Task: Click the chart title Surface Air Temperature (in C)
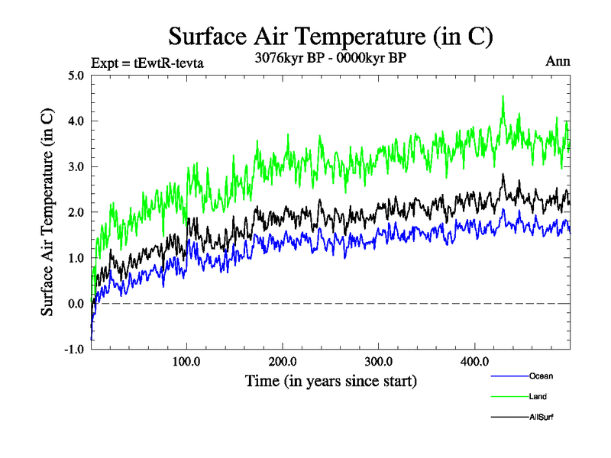coord(330,35)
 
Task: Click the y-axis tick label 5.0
coord(76,76)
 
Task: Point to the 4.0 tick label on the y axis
coord(76,121)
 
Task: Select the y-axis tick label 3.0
coord(76,166)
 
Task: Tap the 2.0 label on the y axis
coord(76,212)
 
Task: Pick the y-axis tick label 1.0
coord(76,258)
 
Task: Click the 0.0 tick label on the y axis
coord(76,304)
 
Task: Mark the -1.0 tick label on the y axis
coord(75,350)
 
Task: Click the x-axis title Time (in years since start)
coord(331,380)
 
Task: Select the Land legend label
coord(538,397)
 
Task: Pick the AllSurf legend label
coord(541,417)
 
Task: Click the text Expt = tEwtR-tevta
coord(147,63)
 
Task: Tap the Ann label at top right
coord(558,61)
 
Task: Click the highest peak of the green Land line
coord(503,97)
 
